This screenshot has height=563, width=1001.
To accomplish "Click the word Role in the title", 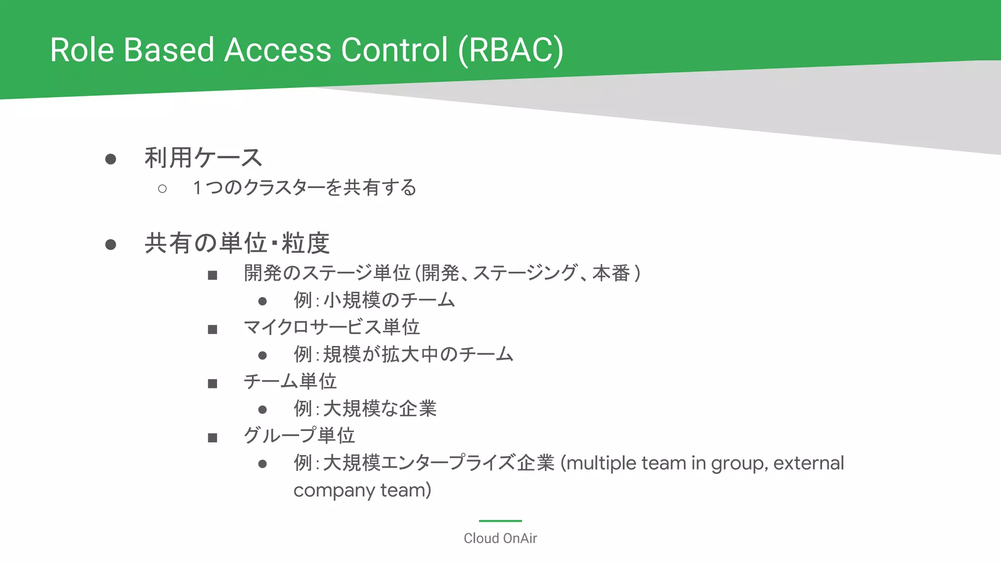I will point(82,50).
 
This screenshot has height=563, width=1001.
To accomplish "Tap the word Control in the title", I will point(394,50).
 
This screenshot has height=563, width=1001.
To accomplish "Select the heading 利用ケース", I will point(203,158).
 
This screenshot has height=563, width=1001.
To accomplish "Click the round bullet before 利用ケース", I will point(111,159).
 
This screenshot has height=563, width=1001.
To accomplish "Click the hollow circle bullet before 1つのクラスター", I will point(162,189).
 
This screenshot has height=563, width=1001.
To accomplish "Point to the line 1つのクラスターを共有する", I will point(304,188).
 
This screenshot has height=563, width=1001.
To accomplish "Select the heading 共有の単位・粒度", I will point(237,243).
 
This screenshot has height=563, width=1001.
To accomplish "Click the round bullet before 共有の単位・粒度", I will point(111,244).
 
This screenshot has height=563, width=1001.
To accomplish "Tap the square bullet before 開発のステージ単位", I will point(212,276).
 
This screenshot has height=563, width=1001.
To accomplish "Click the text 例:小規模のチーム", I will point(374,300).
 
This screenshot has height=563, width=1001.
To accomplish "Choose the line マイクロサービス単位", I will point(331,327).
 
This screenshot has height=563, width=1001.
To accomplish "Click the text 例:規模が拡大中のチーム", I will point(403,354).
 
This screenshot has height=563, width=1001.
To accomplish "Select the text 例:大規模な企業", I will point(365,409).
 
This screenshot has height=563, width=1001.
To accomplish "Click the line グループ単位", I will point(299,435).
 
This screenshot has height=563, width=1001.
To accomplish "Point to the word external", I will point(808,463).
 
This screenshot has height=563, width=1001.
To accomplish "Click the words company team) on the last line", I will point(362,490).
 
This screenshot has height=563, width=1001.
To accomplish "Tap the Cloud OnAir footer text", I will point(500,539).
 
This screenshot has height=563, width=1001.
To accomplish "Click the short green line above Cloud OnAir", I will point(500,521).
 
